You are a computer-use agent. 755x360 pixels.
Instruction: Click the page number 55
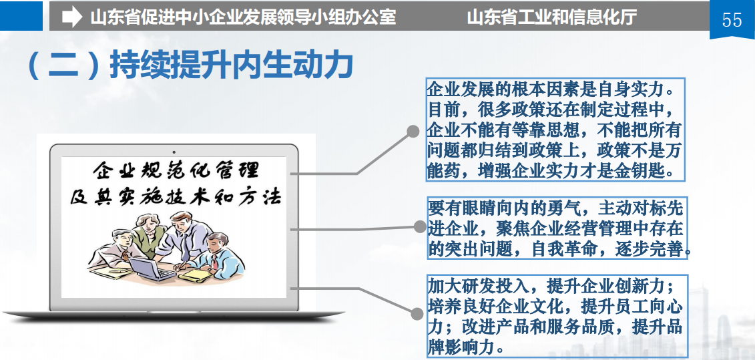pyautogui.click(x=732, y=20)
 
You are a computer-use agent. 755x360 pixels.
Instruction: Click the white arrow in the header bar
pyautogui.click(x=72, y=17)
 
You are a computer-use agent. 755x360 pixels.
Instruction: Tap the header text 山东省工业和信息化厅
pyautogui.click(x=552, y=17)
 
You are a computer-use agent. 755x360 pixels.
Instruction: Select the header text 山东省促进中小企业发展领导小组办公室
pyautogui.click(x=243, y=17)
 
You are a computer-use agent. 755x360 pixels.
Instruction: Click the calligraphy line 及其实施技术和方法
pyautogui.click(x=176, y=197)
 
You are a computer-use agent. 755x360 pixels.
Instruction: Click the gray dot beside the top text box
pyautogui.click(x=413, y=131)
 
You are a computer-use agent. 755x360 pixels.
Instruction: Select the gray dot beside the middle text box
pyautogui.click(x=421, y=226)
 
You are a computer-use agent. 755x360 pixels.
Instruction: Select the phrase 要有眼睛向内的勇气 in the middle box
pyautogui.click(x=504, y=208)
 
